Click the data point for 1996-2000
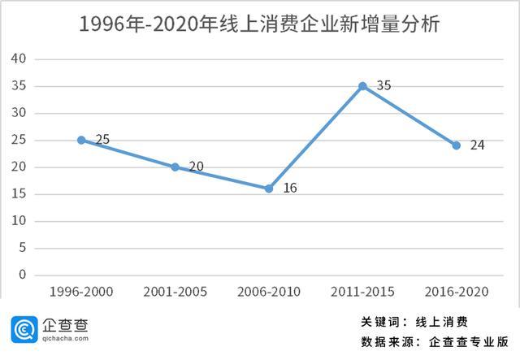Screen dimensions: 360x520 (x=81, y=140)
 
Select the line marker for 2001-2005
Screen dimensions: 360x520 (x=175, y=167)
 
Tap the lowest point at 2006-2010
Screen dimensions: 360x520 (x=269, y=189)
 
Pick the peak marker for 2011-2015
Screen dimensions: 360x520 (x=362, y=86)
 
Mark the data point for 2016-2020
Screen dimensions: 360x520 (x=456, y=145)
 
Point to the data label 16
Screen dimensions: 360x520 (x=290, y=188)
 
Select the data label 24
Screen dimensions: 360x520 (x=477, y=145)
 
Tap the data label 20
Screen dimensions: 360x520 (x=196, y=167)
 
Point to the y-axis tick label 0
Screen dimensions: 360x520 (x=24, y=275)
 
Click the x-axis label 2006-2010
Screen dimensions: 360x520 (x=269, y=292)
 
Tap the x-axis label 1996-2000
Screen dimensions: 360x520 (x=81, y=292)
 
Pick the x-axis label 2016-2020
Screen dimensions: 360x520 (x=456, y=292)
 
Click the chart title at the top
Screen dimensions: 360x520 (x=259, y=24)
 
